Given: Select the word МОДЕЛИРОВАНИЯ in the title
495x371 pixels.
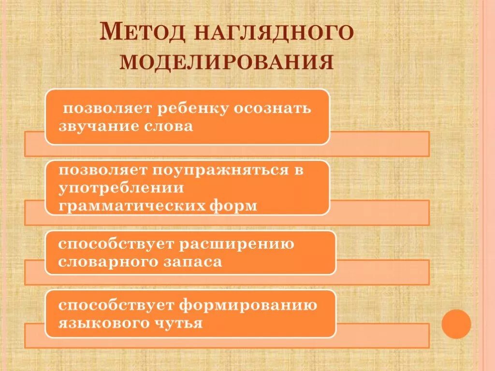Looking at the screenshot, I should pyautogui.click(x=227, y=62).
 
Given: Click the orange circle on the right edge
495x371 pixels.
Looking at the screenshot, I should pyautogui.click(x=456, y=323).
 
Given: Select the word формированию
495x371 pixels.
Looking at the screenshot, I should pyautogui.click(x=249, y=305).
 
